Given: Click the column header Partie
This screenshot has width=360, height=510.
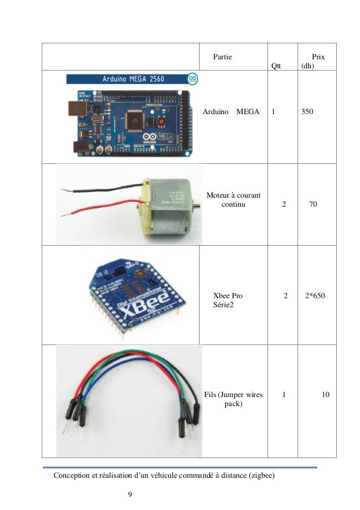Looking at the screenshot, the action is pos(222,57).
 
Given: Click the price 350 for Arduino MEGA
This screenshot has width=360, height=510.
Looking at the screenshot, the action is pos(307,112).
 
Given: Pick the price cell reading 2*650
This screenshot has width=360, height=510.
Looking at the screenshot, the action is pos(315,295).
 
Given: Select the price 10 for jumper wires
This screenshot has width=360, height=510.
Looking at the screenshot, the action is pos(325,395).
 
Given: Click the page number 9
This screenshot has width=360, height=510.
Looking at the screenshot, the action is pos(130,495).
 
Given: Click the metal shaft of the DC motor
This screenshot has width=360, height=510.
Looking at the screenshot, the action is pos(197,207).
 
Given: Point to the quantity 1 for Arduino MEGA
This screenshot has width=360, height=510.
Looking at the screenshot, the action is pos(274,112).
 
